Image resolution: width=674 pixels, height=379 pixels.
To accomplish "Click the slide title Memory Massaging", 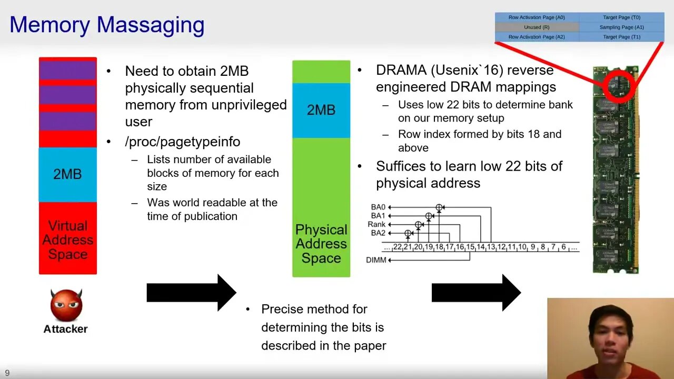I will click(107, 25).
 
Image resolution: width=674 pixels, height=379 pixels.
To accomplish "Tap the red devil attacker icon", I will click(66, 305).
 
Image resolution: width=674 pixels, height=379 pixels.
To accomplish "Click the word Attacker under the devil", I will click(65, 329).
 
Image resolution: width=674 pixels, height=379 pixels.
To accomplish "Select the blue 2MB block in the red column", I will click(67, 174).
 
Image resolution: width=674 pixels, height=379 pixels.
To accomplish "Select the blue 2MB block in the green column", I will click(321, 110).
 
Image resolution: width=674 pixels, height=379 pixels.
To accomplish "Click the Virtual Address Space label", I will click(67, 240).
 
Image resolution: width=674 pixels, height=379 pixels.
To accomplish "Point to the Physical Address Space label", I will click(321, 244).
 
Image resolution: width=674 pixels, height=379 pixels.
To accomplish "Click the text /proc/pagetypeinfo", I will click(182, 142).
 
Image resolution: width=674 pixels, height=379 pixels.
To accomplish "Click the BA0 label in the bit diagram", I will click(378, 207).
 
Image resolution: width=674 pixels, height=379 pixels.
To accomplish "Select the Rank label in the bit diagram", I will click(376, 224).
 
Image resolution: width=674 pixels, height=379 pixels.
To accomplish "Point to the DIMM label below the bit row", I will click(376, 260).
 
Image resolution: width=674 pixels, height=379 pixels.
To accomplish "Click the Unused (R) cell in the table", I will click(537, 27).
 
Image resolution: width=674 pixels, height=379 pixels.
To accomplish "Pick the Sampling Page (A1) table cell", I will click(621, 27).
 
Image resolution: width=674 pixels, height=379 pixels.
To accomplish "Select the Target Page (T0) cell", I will click(621, 17).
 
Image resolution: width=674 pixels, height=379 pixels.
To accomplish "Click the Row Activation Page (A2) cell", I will click(537, 37).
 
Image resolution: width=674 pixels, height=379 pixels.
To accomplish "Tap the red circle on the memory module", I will click(619, 85).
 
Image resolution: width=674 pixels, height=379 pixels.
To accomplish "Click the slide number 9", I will click(7, 373).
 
